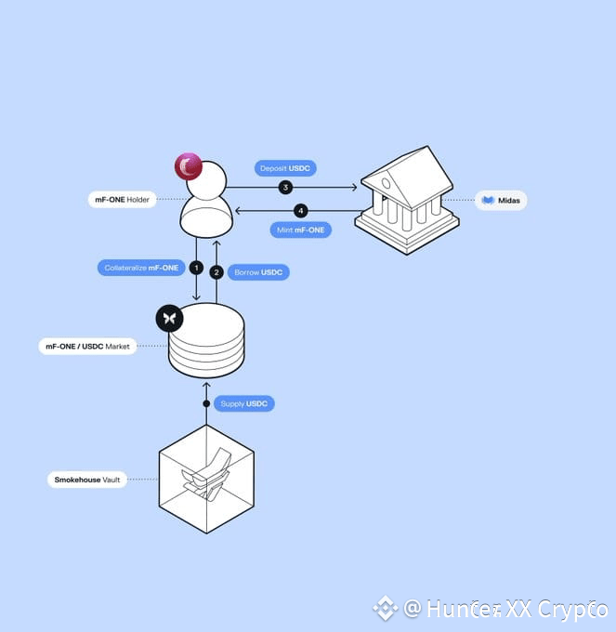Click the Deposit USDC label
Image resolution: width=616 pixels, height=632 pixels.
[x=284, y=168]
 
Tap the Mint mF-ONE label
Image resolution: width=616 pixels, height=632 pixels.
[x=302, y=229]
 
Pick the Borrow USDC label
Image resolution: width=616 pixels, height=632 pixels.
[x=258, y=272]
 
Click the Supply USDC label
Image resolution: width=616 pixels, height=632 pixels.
[x=244, y=403]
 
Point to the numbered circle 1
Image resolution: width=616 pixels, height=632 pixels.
[x=196, y=268]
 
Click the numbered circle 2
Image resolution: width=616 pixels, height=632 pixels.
[x=216, y=272]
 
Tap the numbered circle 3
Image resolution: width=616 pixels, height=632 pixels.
[x=286, y=188]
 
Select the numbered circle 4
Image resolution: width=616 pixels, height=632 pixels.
[x=300, y=210]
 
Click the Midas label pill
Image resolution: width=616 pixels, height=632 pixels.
[x=501, y=200]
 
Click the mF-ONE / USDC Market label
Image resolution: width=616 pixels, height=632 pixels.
[x=87, y=347]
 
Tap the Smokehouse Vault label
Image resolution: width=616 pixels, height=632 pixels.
[x=86, y=480]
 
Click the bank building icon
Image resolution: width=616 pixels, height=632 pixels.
[x=407, y=199]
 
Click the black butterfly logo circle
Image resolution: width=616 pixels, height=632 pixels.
[x=169, y=319]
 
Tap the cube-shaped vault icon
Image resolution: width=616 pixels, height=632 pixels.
[x=206, y=480]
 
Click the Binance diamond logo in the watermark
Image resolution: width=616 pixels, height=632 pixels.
[x=386, y=609]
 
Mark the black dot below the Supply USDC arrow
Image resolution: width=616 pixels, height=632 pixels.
[x=206, y=403]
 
